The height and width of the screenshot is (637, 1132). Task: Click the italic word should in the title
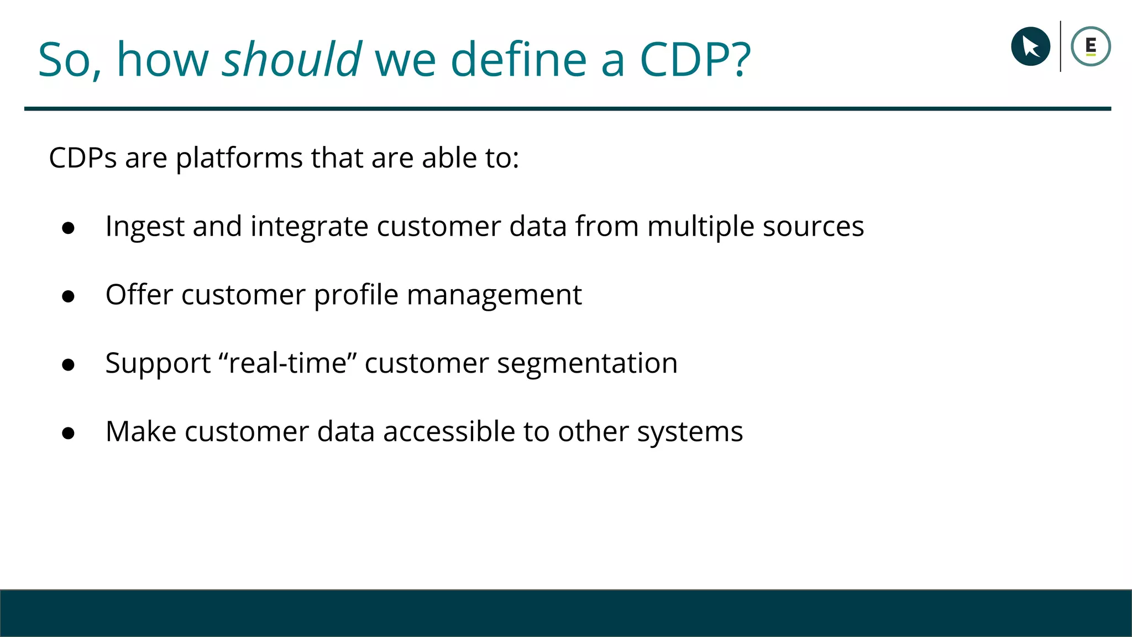pos(291,59)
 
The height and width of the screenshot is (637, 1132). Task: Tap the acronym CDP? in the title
pos(695,59)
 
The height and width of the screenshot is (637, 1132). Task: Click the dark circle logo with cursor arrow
pos(1030,46)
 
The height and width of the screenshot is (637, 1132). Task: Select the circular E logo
pos(1091,46)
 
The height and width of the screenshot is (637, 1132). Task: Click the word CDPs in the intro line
pos(83,158)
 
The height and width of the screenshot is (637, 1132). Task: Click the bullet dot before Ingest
pos(69,228)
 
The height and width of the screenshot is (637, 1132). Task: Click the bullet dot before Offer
pos(69,296)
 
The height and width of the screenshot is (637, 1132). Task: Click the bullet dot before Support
pos(69,365)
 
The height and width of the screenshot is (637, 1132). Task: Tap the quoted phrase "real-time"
pos(287,363)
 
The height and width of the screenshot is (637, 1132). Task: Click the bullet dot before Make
pos(69,433)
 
